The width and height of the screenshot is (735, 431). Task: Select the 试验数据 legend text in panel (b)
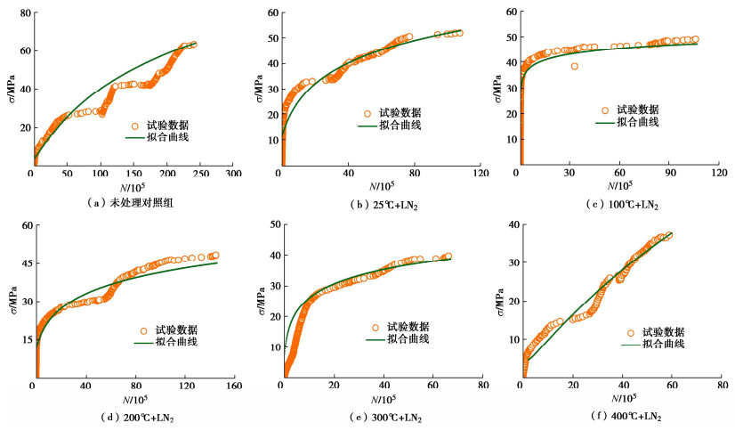(400, 113)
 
